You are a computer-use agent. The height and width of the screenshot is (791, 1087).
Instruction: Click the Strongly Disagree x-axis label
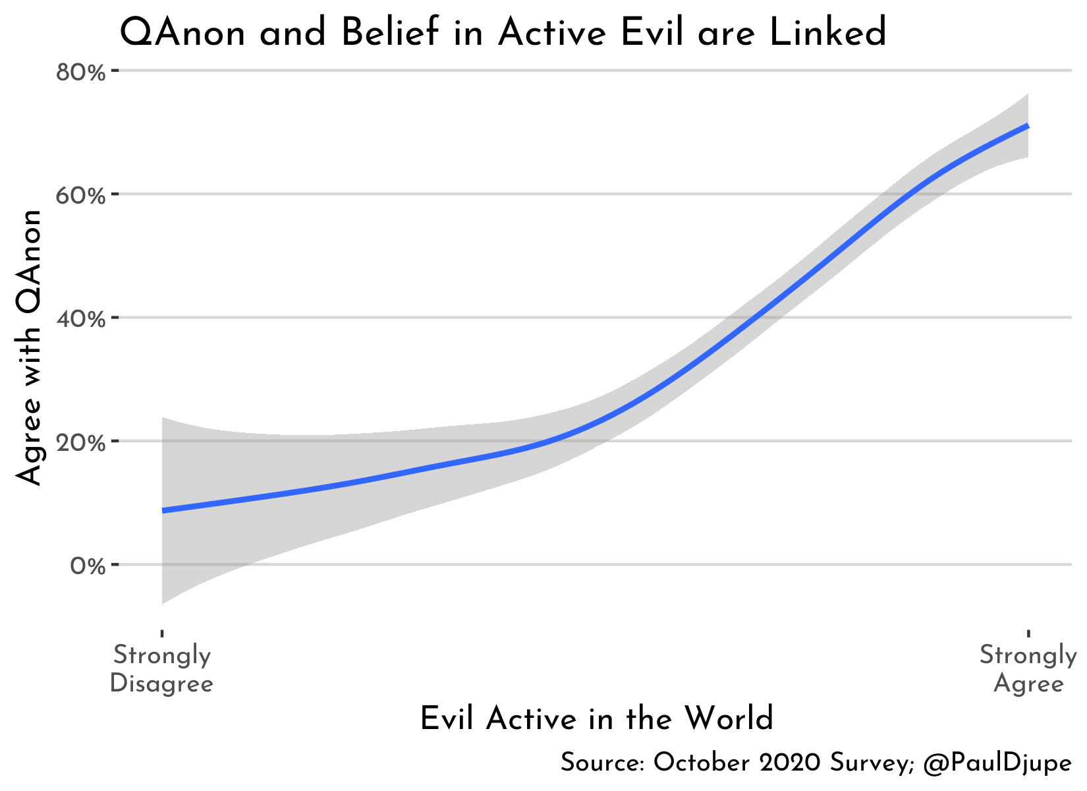coord(161,670)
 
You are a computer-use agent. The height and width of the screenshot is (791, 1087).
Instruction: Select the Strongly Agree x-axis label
coord(1028,670)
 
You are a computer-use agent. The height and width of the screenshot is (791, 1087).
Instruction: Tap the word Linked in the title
coord(828,33)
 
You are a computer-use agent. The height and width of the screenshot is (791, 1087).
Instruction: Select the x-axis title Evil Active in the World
coord(596,718)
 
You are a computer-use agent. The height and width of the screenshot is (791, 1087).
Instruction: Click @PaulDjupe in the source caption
coord(997,763)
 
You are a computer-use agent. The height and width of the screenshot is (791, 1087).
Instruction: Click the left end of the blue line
coord(163,510)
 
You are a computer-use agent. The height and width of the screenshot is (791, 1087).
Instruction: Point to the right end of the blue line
coord(1026,126)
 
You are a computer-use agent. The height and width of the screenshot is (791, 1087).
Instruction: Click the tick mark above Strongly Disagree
coord(162,633)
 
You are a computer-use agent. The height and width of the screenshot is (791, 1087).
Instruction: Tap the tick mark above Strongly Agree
coord(1028,633)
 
